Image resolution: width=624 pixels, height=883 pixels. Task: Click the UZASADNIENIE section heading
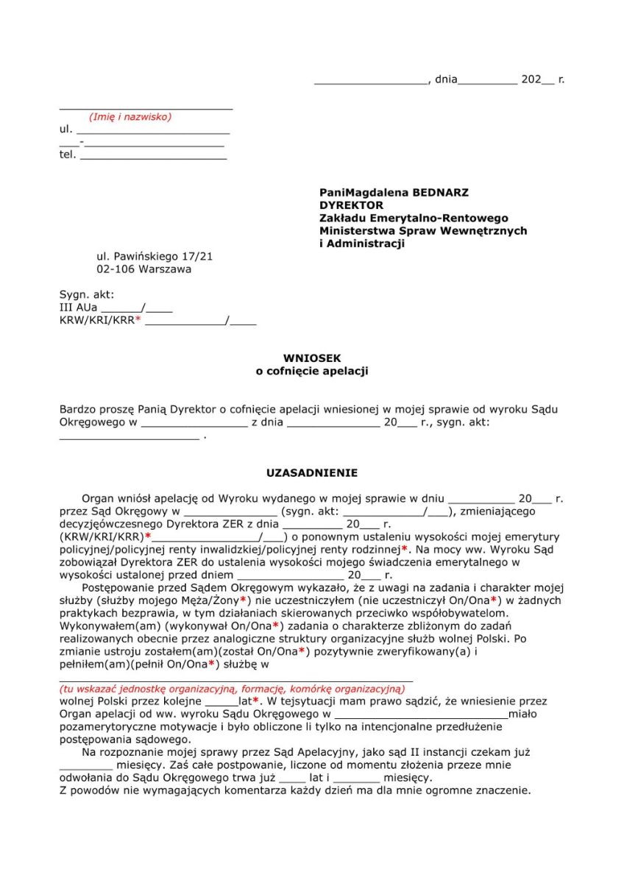pyautogui.click(x=312, y=473)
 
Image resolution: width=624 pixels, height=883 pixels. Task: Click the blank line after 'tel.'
pyautogui.click(x=153, y=156)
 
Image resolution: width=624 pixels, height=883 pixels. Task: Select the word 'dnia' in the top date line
pyautogui.click(x=446, y=79)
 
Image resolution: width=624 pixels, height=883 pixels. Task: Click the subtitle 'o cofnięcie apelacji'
pyautogui.click(x=312, y=372)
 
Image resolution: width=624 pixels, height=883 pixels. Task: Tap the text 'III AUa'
pyautogui.click(x=78, y=308)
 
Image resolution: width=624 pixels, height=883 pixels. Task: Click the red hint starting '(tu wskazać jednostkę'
pyautogui.click(x=232, y=689)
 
